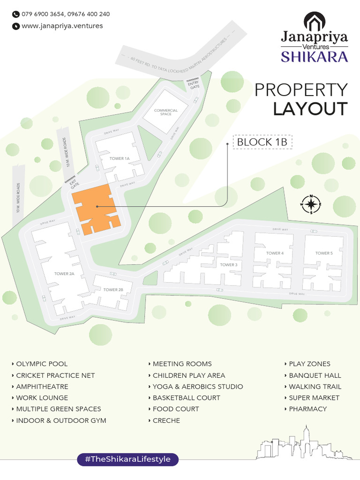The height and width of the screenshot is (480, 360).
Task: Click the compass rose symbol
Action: click(311, 204)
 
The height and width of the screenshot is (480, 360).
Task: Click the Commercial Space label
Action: click(166, 112)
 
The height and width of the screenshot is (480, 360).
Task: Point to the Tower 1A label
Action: click(119, 158)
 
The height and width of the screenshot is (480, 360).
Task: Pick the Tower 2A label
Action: click(65, 273)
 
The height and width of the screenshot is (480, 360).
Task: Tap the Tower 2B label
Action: click(113, 290)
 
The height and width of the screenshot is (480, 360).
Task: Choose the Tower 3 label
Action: click(229, 265)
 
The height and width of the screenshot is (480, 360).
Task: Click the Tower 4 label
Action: click(275, 253)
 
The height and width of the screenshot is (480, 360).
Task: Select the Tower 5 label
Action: click(324, 253)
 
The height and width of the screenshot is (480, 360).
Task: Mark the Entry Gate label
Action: click(194, 85)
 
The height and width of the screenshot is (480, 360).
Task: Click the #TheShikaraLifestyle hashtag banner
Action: click(127, 459)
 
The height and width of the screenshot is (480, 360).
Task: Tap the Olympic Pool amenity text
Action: click(42, 364)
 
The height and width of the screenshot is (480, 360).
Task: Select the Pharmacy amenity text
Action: click(307, 409)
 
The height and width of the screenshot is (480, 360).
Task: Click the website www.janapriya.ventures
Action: click(62, 26)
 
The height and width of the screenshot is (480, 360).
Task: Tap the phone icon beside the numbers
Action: click(15, 14)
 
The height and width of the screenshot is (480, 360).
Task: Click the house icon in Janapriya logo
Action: click(314, 21)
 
